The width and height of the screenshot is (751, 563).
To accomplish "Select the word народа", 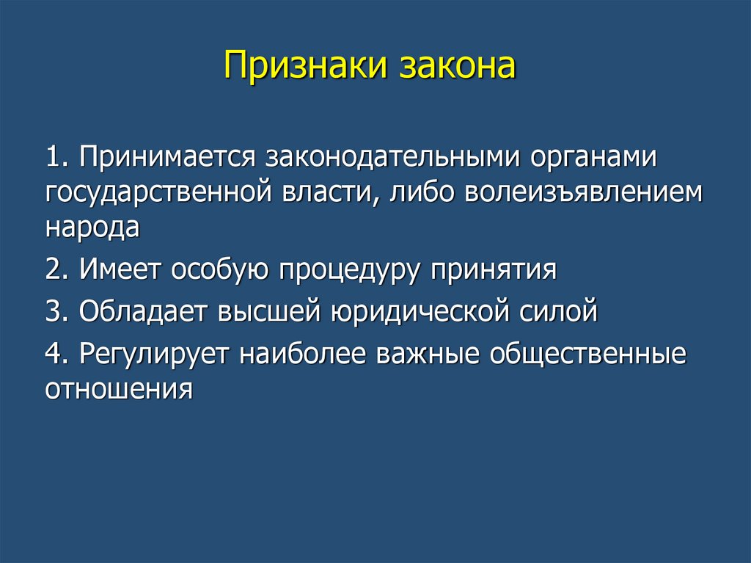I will (x=92, y=227).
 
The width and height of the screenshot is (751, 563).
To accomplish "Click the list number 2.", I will (x=59, y=269).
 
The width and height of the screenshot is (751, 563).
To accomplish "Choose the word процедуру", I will (x=350, y=271).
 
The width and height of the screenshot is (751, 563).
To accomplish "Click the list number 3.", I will (x=59, y=310).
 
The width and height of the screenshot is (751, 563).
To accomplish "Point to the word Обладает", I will (x=144, y=310).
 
